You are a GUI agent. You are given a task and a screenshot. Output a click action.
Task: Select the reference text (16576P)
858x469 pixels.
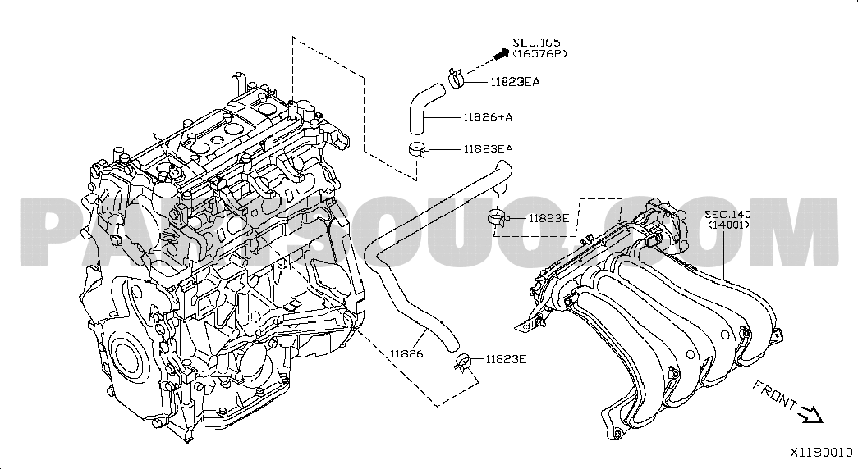coord(539,54)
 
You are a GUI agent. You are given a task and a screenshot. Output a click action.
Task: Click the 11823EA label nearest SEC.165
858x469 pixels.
coord(515,81)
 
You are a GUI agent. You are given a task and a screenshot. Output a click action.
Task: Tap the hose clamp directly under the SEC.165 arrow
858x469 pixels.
coord(457,79)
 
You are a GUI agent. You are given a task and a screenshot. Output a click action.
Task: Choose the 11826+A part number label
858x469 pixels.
coord(488,116)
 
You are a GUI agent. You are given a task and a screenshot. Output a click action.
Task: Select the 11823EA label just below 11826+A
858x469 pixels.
coord(488,148)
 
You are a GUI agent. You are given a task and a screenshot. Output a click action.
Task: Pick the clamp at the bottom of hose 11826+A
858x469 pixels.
coord(416,148)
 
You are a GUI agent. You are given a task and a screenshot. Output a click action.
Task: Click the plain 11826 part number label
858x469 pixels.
coord(406,353)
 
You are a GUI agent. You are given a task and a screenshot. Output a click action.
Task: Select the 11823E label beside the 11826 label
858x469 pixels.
coord(506,358)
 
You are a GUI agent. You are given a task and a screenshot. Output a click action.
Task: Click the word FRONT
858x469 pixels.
coord(773,394)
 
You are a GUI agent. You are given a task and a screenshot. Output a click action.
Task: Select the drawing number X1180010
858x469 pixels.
coord(821,452)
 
